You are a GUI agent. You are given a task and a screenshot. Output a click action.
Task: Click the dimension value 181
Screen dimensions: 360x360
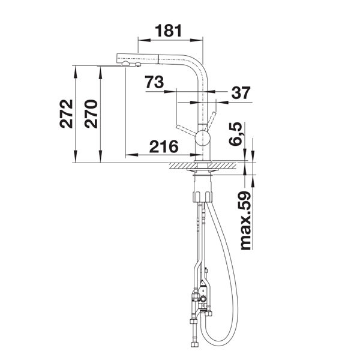(x=168, y=31)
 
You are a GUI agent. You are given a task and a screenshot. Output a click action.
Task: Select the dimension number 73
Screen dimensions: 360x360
(x=154, y=82)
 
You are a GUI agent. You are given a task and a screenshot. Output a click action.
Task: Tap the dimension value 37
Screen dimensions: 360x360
(x=241, y=92)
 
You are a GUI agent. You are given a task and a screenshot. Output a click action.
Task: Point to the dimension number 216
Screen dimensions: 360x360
(x=164, y=146)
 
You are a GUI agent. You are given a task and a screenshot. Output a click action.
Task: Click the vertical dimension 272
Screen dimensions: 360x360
(x=66, y=113)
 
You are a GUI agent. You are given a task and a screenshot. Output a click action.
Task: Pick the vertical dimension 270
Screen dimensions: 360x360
(x=91, y=113)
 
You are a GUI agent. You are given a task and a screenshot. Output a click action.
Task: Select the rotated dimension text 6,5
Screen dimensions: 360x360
(x=236, y=134)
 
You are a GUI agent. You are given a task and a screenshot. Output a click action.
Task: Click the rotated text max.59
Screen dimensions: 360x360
(x=245, y=220)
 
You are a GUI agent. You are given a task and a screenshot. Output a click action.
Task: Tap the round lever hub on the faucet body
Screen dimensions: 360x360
(x=203, y=137)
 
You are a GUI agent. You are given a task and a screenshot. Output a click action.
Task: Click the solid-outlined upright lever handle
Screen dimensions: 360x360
(x=211, y=121)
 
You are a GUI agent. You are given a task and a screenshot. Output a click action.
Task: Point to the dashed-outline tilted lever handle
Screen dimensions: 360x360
(x=186, y=130)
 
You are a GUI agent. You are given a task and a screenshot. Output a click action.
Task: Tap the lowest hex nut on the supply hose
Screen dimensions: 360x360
(x=194, y=345)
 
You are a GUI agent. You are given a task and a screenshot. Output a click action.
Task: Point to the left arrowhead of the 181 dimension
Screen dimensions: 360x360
(x=144, y=40)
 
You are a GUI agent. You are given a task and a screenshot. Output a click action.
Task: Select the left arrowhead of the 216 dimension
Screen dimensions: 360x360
(x=131, y=155)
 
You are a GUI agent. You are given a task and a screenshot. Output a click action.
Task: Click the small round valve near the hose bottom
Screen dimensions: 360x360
(x=203, y=299)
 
